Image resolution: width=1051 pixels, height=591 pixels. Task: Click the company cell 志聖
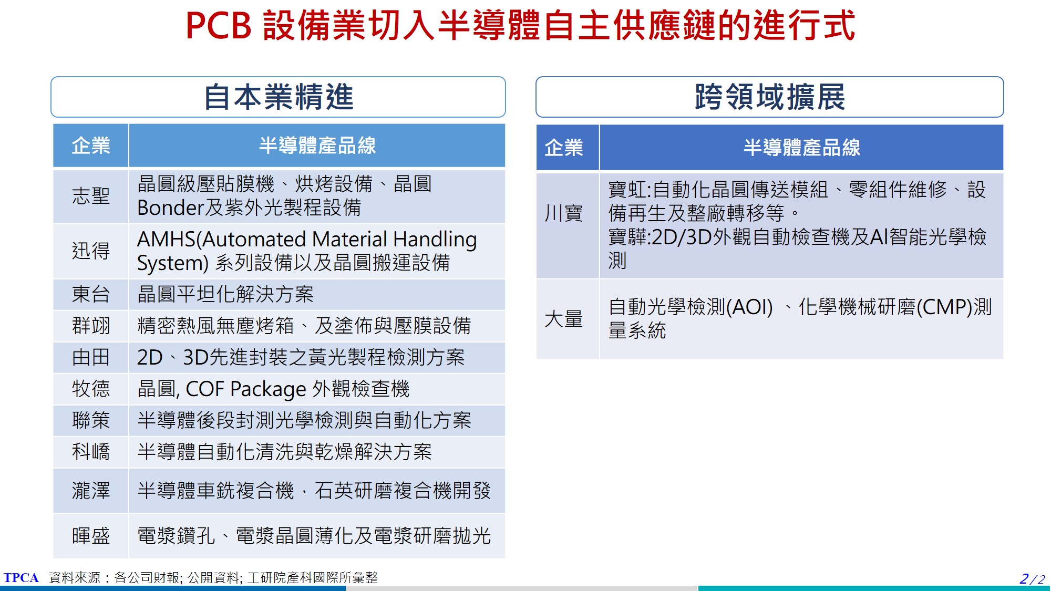(x=91, y=196)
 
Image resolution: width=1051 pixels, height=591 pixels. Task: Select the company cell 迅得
(x=91, y=251)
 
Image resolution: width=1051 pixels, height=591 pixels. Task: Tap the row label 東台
(x=91, y=294)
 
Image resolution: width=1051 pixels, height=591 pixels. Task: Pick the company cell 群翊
(x=91, y=326)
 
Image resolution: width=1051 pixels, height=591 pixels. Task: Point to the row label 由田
(x=91, y=357)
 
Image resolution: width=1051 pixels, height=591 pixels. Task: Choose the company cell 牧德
(x=91, y=389)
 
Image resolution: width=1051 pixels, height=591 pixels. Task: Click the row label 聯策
(x=91, y=420)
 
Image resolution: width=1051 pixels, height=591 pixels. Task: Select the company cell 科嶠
(x=91, y=452)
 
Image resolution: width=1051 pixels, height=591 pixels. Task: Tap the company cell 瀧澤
(x=91, y=491)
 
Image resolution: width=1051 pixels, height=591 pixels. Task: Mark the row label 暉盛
(x=91, y=536)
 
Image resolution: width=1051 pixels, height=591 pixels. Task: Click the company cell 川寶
(x=564, y=213)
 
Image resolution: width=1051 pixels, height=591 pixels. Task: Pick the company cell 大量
(x=564, y=319)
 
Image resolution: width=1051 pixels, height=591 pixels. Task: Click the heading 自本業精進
(x=279, y=97)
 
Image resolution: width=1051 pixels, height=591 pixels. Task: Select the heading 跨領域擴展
(x=770, y=97)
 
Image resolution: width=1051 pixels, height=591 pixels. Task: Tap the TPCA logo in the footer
(x=21, y=578)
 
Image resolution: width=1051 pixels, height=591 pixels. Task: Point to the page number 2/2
(x=1032, y=579)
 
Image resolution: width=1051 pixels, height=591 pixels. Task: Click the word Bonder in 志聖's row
(x=170, y=208)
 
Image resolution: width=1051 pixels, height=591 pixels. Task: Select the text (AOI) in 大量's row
(x=749, y=307)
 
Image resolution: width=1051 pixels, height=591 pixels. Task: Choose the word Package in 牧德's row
(x=268, y=390)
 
